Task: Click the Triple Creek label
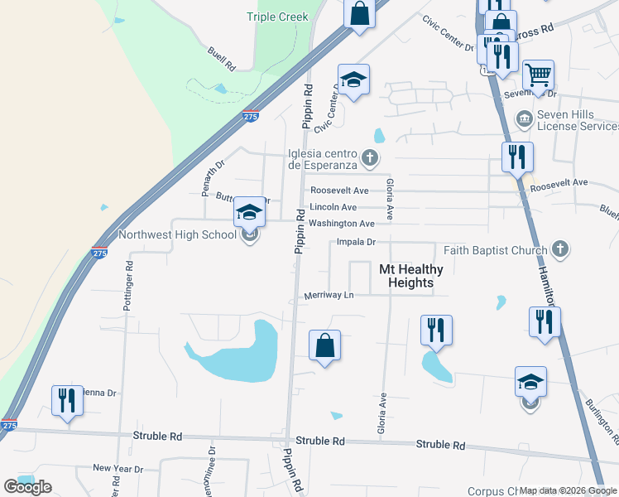[277, 17]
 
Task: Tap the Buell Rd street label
[222, 56]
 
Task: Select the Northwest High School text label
[178, 234]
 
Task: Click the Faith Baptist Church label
[496, 249]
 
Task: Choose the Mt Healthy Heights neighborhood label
[410, 276]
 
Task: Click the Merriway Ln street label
[329, 295]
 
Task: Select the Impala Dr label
[357, 242]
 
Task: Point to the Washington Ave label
[342, 224]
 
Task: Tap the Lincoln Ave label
[333, 207]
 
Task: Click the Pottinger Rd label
[128, 287]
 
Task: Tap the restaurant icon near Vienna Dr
[65, 399]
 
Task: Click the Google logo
[27, 487]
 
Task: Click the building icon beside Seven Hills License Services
[523, 119]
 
